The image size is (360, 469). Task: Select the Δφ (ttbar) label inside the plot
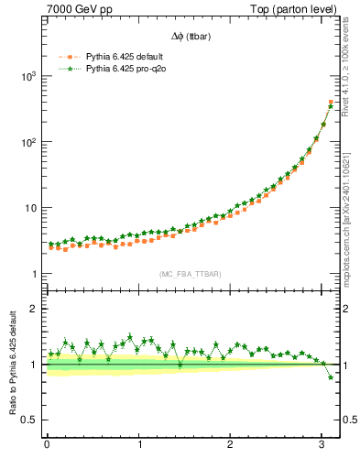point(190,37)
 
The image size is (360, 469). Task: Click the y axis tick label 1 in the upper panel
point(35,274)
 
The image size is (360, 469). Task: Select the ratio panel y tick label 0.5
point(30,420)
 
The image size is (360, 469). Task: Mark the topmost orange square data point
point(331,102)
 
